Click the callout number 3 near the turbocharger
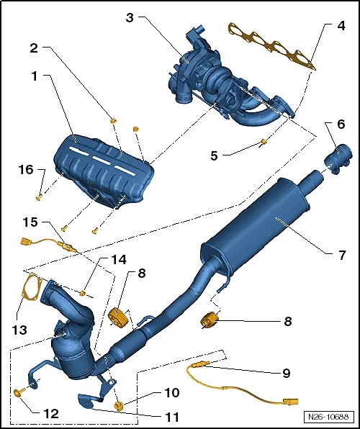pyautogui.click(x=129, y=17)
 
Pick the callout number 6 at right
pyautogui.click(x=341, y=125)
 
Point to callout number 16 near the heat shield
pyautogui.click(x=25, y=170)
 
